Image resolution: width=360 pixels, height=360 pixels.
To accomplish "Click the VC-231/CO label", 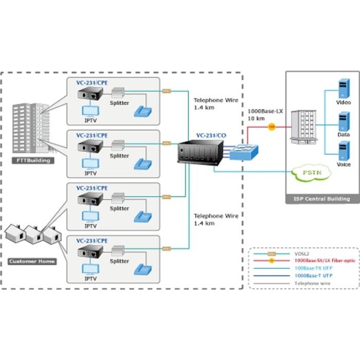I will pyautogui.click(x=211, y=136).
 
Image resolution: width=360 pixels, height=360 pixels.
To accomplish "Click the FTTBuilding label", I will pyautogui.click(x=32, y=160).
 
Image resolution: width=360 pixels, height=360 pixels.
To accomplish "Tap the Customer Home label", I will pyautogui.click(x=32, y=261).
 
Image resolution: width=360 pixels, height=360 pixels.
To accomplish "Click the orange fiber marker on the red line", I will pyautogui.click(x=272, y=126).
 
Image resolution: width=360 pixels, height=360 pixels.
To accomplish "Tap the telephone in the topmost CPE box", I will pyautogui.click(x=142, y=112).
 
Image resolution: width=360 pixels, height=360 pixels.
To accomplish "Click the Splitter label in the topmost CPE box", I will pyautogui.click(x=119, y=103).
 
